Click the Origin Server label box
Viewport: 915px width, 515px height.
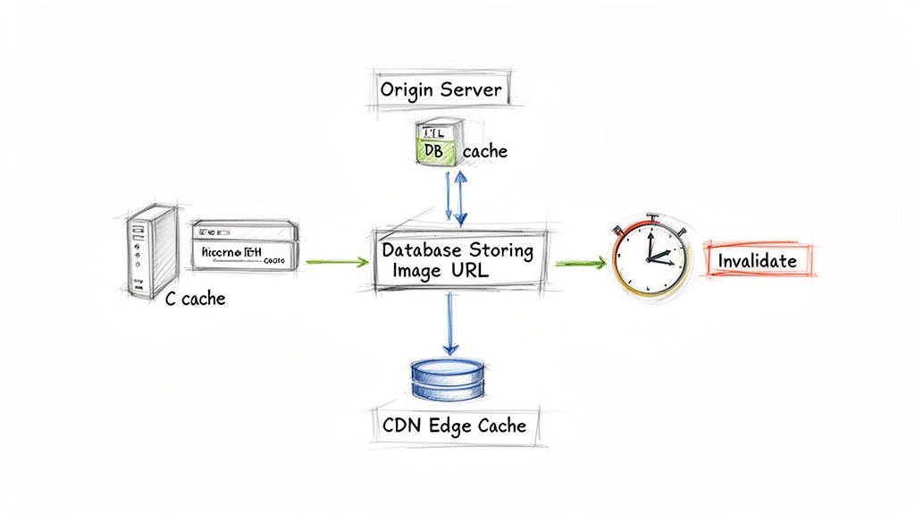pos(440,90)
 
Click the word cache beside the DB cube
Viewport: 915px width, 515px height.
pos(484,151)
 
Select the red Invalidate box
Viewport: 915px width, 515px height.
pos(759,261)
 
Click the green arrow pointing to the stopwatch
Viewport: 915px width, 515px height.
pos(581,263)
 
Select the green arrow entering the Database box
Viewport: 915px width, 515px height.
pos(336,262)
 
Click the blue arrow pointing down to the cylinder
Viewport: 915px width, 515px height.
pos(450,322)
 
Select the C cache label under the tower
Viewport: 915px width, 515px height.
pos(196,299)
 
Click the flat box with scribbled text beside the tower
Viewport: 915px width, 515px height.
pos(242,246)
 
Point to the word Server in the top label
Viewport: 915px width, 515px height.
pos(470,90)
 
